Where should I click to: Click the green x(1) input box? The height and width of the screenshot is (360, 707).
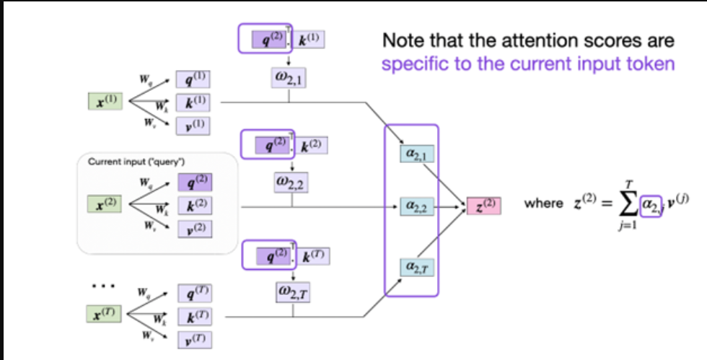coord(105,102)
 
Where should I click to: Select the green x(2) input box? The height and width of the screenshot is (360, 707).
coord(105,204)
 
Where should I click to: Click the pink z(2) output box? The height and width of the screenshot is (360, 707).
coord(483,205)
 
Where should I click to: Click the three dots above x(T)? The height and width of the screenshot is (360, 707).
coord(100,286)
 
